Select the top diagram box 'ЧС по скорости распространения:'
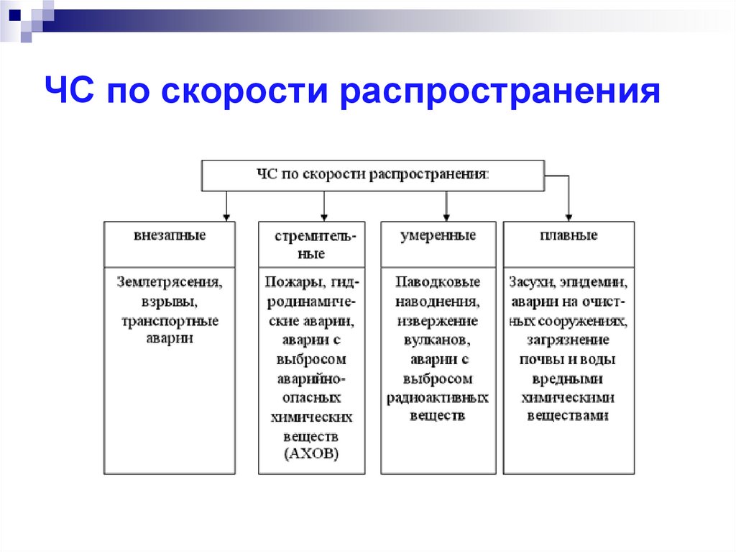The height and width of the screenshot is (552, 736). [x=372, y=175]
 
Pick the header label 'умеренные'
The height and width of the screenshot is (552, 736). [x=438, y=236]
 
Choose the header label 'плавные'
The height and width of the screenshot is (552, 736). [x=568, y=236]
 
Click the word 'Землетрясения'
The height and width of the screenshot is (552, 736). [x=169, y=282]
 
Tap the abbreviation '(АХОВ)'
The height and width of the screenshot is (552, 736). [x=311, y=454]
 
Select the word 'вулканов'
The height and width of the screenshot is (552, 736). [x=437, y=340]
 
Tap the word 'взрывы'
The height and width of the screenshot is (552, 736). [x=169, y=301]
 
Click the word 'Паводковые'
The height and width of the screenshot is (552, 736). [x=437, y=282]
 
